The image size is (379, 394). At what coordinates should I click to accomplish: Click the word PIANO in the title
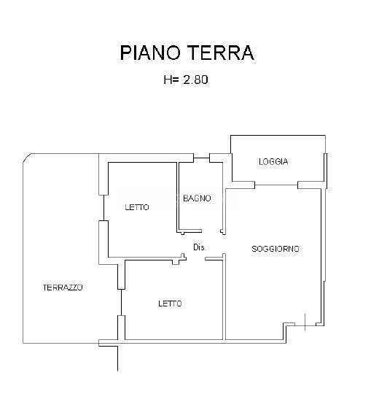pos(150,53)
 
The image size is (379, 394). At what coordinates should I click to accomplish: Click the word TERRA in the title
pos(221,53)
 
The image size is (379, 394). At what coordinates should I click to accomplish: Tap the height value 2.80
pos(195,80)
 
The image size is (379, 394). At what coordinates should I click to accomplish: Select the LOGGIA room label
pos(273,161)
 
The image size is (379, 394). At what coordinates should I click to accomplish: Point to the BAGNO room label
pos(197,198)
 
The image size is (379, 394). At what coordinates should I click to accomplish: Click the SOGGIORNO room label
pos(276,249)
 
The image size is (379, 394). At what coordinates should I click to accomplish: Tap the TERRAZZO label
pos(63,287)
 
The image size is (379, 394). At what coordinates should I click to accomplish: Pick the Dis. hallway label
pos(199,247)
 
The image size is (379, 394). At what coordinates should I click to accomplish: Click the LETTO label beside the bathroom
pos(137,207)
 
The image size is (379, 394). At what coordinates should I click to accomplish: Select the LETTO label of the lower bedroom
pos(170,304)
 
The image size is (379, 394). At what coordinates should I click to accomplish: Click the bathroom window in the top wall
pos(202,158)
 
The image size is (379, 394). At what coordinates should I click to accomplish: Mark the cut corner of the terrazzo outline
pos(27,158)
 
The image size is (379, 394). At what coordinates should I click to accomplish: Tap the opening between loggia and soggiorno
pos(276,185)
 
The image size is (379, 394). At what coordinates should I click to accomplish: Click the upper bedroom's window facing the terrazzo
pos(103,208)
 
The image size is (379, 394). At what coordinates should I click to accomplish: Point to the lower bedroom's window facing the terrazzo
pos(121,303)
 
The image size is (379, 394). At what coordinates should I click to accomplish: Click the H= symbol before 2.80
pos(171,80)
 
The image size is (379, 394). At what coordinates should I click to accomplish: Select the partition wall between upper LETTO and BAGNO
pos(178,197)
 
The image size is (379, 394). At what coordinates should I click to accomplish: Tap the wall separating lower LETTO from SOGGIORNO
pos(224,297)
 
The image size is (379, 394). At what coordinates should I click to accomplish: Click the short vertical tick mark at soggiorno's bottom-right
pos(305,322)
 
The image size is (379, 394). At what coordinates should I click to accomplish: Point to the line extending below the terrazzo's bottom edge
pos(118,358)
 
